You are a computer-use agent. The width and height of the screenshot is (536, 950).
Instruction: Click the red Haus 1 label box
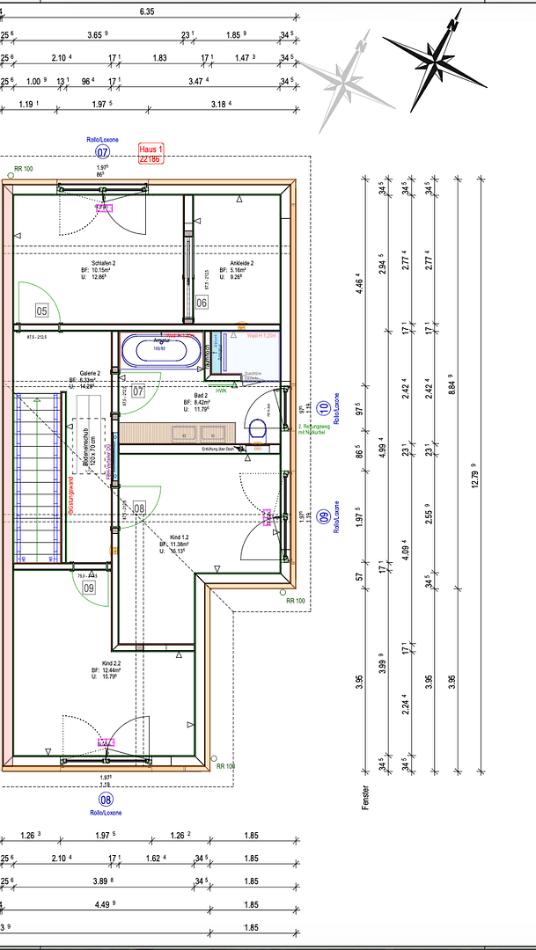(151, 155)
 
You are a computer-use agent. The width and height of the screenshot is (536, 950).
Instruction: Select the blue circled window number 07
(102, 152)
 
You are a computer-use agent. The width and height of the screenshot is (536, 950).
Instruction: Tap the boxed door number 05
(41, 310)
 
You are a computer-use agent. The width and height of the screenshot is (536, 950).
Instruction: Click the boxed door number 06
(202, 303)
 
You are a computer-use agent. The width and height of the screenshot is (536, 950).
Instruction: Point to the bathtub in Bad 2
(160, 351)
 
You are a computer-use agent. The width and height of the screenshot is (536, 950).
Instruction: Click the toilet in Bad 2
(258, 429)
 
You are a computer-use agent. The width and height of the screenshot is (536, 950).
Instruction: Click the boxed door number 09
(89, 587)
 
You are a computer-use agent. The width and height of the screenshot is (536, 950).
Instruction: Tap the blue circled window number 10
(324, 408)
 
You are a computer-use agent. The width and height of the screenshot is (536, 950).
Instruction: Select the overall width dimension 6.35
(147, 12)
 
